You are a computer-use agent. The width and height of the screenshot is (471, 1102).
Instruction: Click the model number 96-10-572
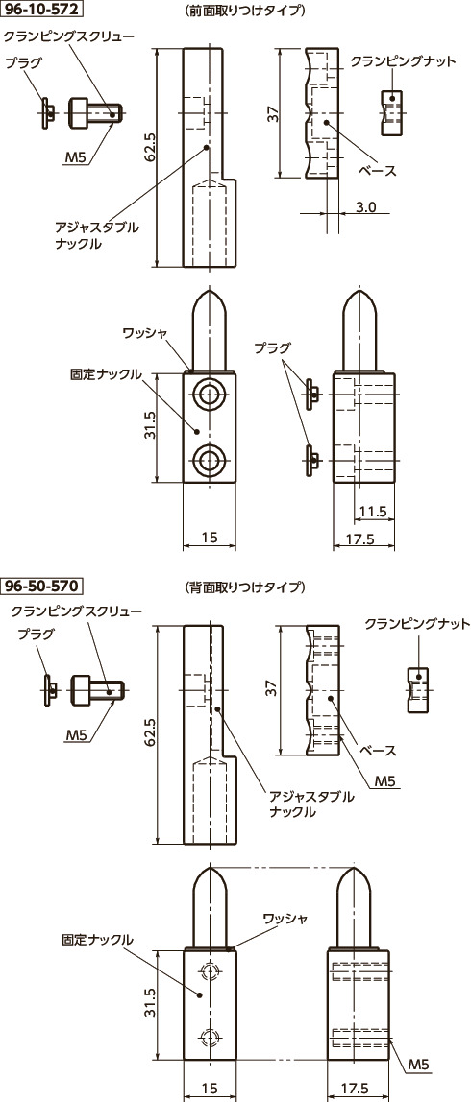tap(41, 11)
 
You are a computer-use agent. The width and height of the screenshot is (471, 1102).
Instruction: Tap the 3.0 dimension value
tap(365, 206)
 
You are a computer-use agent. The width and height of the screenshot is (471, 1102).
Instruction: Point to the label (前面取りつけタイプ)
tap(244, 12)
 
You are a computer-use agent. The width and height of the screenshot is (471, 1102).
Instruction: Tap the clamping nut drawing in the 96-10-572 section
tap(390, 108)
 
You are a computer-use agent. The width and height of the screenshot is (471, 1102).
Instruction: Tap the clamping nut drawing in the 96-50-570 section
tap(416, 690)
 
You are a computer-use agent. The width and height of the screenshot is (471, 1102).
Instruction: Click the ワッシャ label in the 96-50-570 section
tap(285, 919)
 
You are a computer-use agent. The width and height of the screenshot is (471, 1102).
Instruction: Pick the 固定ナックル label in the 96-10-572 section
tap(107, 371)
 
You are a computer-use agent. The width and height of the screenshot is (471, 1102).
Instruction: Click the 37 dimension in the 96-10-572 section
tap(274, 112)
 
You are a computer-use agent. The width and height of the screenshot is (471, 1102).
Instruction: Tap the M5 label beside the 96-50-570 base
tap(385, 781)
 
